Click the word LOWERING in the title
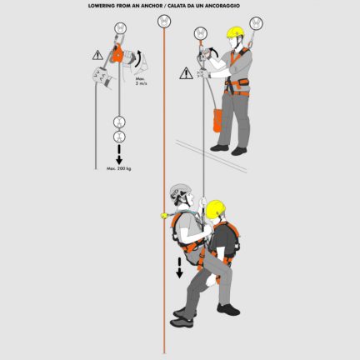coord(102,5)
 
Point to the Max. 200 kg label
coord(118,168)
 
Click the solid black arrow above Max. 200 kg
coord(118,155)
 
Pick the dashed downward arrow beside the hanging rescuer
coord(178,267)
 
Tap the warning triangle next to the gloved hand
coord(97,57)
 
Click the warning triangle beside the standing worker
coord(186,73)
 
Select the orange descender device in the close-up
coord(117,55)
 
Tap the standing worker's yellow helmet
coord(236,32)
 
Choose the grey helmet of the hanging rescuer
coord(180,192)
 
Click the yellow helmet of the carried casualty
coord(216,208)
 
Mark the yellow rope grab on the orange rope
coord(164,215)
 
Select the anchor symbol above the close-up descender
coord(117,25)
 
